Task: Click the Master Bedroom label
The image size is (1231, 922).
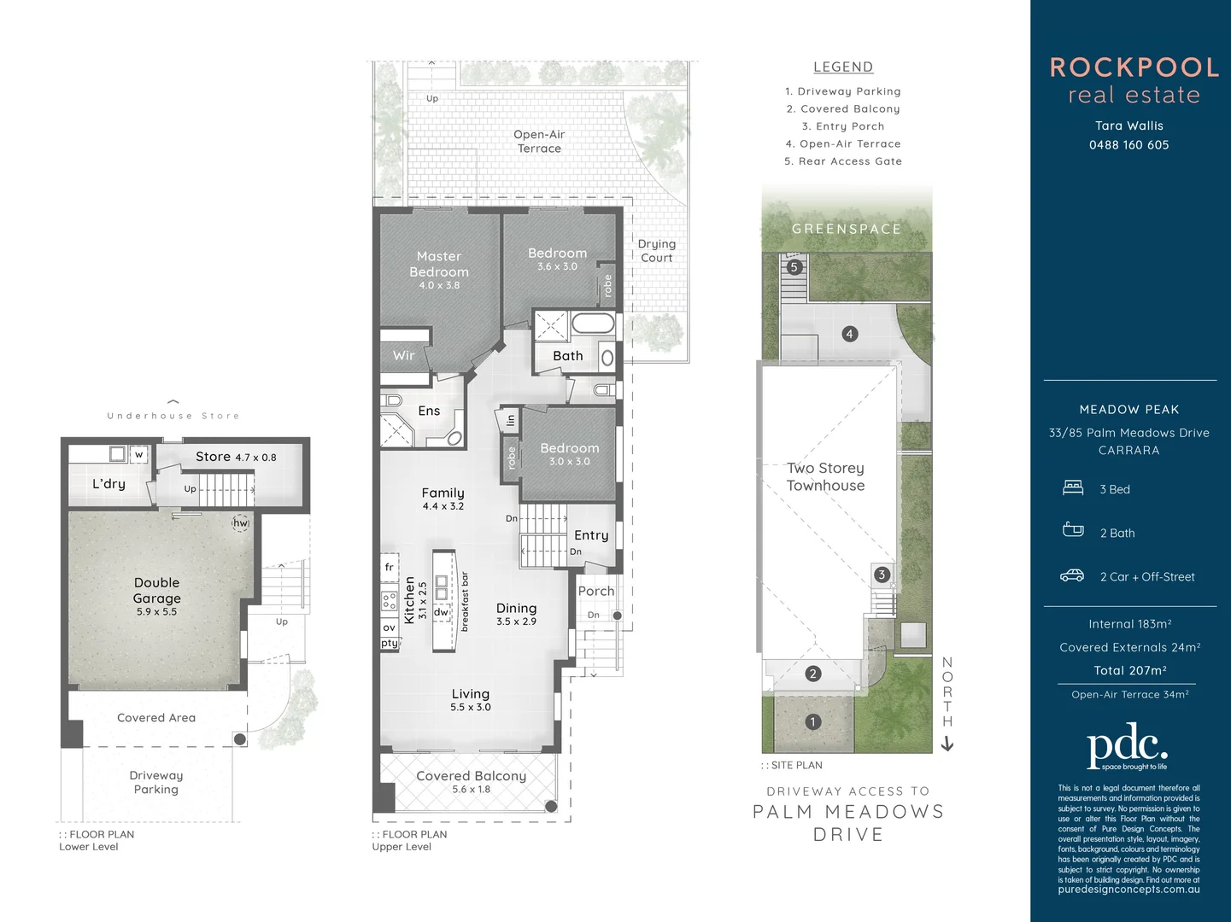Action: click(x=438, y=264)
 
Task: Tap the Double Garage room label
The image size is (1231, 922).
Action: click(x=156, y=590)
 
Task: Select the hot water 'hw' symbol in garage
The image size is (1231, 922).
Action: click(x=241, y=523)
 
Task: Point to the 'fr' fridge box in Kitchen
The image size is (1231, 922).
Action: click(x=390, y=567)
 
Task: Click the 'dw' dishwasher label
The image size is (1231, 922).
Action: click(x=441, y=612)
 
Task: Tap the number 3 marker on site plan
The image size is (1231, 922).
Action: click(x=882, y=575)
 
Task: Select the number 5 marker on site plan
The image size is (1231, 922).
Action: click(x=794, y=267)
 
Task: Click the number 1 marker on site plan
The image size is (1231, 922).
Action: click(x=812, y=721)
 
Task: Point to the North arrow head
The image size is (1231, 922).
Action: click(x=947, y=744)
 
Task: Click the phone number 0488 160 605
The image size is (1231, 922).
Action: click(x=1128, y=145)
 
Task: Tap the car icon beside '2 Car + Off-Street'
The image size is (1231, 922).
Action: click(x=1072, y=576)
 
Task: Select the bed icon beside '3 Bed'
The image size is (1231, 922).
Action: click(x=1073, y=488)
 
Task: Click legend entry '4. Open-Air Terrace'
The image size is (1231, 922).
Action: click(x=843, y=143)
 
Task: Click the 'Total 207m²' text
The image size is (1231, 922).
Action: click(x=1129, y=670)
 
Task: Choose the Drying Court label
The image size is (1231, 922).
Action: click(x=656, y=251)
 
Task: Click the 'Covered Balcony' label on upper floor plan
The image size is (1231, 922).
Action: click(x=471, y=776)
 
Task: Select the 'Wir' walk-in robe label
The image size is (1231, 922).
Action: click(x=403, y=355)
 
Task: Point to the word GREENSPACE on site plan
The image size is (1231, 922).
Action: click(x=846, y=229)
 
